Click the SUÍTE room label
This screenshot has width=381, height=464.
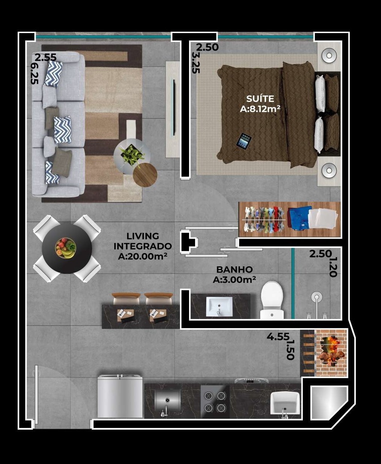pyautogui.click(x=260, y=99)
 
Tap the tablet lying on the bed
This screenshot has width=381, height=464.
pyautogui.click(x=244, y=141)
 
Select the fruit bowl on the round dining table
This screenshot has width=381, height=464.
pyautogui.click(x=66, y=248)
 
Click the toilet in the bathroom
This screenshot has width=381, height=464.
pyautogui.click(x=272, y=300)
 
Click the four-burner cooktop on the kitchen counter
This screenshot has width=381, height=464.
pyautogui.click(x=215, y=401)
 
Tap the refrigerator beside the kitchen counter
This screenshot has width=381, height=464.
pyautogui.click(x=120, y=396)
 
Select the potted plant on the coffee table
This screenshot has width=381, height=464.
pyautogui.click(x=132, y=155)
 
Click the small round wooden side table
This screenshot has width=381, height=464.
pyautogui.click(x=145, y=175)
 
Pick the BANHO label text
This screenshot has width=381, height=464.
pyautogui.click(x=234, y=270)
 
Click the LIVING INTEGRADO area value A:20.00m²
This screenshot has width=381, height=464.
pyautogui.click(x=142, y=257)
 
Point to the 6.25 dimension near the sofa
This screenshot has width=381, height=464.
pyautogui.click(x=34, y=73)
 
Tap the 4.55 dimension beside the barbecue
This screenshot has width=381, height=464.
pyautogui.click(x=278, y=337)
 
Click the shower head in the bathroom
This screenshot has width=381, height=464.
pyautogui.click(x=317, y=297)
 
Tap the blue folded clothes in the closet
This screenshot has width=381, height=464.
pyautogui.click(x=300, y=218)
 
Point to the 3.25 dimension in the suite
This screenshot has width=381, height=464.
pyautogui.click(x=195, y=62)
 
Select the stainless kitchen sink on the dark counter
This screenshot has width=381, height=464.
pyautogui.click(x=167, y=401)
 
